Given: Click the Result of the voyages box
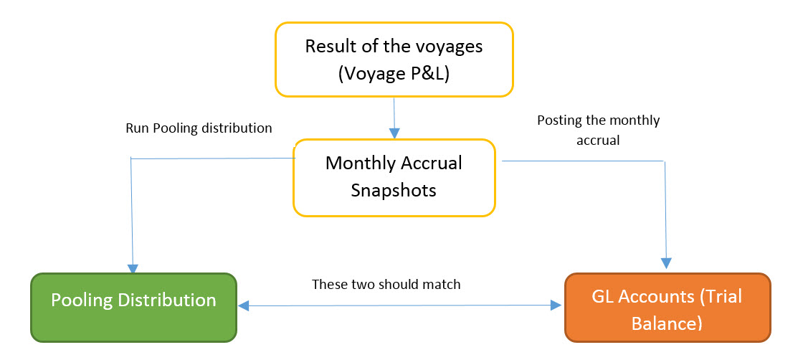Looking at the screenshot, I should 394,60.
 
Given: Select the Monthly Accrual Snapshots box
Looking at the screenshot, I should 394,177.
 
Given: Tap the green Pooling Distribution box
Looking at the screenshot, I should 133,306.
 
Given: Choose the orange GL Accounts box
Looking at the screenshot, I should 667,307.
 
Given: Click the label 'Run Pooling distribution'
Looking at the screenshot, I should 199,128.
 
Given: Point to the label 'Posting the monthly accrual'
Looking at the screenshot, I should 598,129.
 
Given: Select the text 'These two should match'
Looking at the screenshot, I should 386,284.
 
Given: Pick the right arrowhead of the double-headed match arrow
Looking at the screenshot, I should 556,306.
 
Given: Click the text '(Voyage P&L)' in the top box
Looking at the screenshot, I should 394,73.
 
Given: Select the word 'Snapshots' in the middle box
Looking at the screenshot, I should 394,191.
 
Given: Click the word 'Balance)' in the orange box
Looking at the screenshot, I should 666,323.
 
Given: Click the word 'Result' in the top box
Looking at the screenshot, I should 331,47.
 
